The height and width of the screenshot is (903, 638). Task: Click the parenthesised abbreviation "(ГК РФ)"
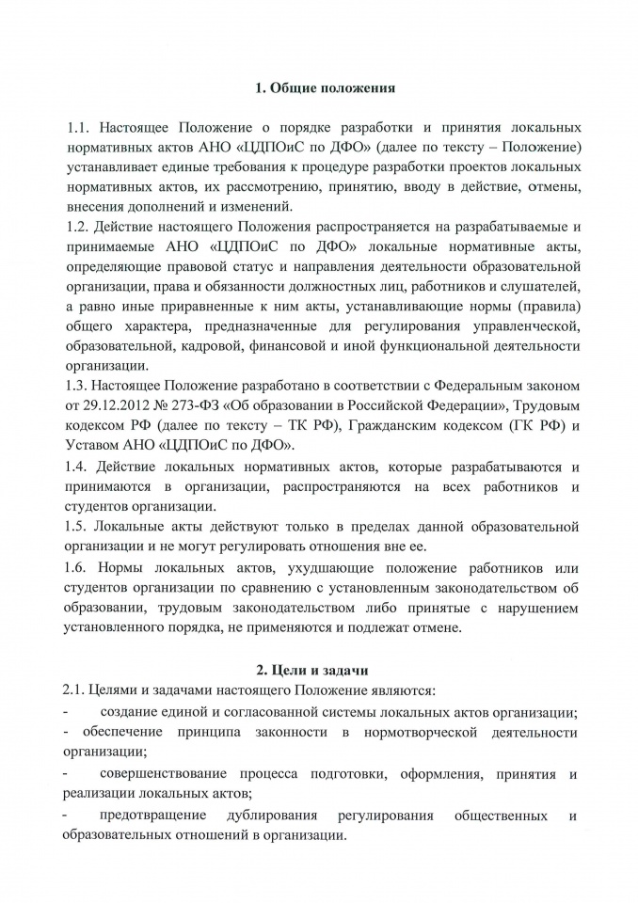(x=529, y=427)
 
